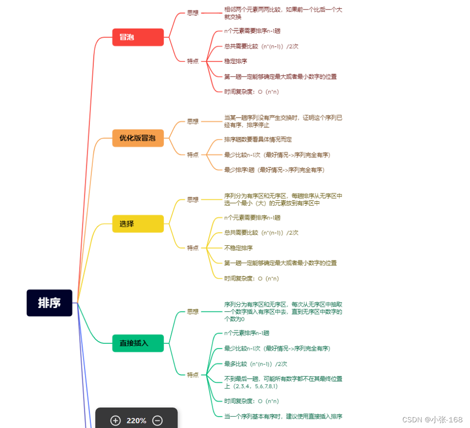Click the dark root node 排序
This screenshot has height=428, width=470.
point(49,303)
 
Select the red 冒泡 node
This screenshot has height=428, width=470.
point(138,37)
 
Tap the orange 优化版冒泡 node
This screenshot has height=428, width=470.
point(138,138)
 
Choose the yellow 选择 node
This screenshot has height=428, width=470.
point(138,224)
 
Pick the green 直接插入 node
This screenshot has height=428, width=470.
point(138,343)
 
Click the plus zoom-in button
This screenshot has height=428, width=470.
point(115,420)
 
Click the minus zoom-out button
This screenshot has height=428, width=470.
point(158,420)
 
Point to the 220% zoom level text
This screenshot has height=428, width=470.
point(136,421)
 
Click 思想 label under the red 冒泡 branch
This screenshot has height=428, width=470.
point(192,13)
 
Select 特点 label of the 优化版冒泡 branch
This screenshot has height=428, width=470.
point(192,155)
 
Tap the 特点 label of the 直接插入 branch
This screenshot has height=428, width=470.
point(192,375)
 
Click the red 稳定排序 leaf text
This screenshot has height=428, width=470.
point(236,61)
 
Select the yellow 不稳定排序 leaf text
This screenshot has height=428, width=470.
point(239,248)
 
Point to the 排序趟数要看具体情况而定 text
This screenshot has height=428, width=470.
point(258,139)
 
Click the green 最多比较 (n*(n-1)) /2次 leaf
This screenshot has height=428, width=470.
point(256,364)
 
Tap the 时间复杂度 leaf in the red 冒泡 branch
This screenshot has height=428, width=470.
point(251,92)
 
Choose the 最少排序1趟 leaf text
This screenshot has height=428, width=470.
point(274,170)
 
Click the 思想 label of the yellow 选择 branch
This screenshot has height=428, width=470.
point(192,199)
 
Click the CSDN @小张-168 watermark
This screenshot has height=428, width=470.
point(432,419)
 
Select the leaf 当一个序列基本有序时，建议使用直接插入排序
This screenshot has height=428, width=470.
point(283,416)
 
